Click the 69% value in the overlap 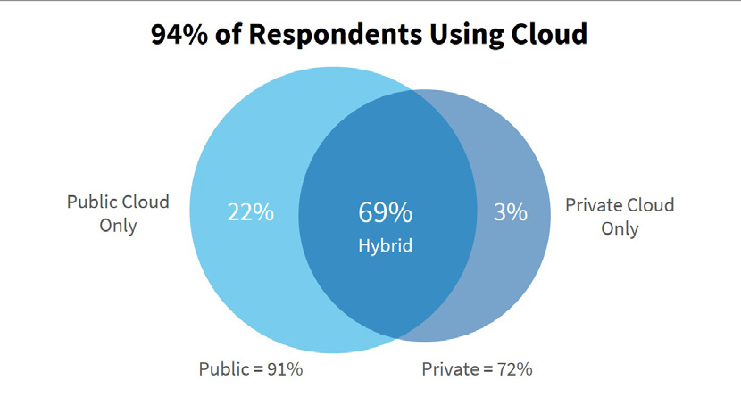click(x=385, y=213)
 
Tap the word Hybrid click(x=385, y=245)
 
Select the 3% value click(x=510, y=214)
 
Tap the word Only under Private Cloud click(x=620, y=228)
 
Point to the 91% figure click(x=285, y=368)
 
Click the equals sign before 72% click(x=487, y=368)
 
